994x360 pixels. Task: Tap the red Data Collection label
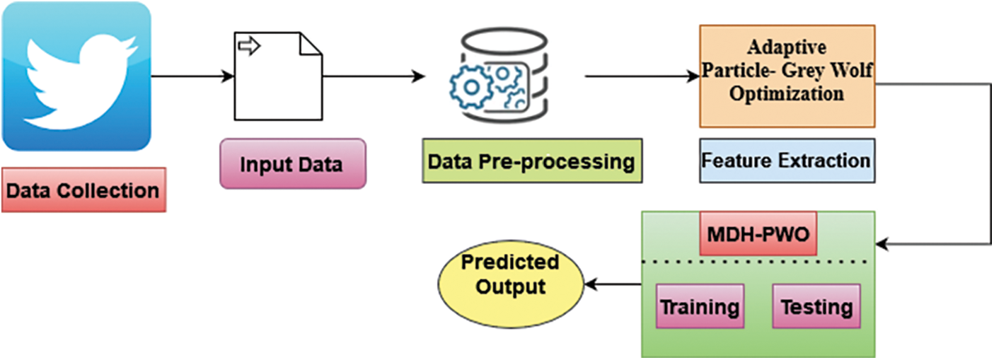[x=83, y=190]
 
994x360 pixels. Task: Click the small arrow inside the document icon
[x=249, y=47]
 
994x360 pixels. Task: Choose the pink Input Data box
[x=292, y=164]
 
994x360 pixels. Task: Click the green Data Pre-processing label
[x=531, y=161]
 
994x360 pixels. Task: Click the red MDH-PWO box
[x=758, y=233]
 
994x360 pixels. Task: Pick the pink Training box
[x=700, y=307]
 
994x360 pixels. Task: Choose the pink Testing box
[x=816, y=307]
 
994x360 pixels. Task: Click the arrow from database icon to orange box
[x=641, y=76]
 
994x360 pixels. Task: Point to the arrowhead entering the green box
[x=882, y=244]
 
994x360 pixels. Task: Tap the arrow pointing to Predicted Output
[x=612, y=284]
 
